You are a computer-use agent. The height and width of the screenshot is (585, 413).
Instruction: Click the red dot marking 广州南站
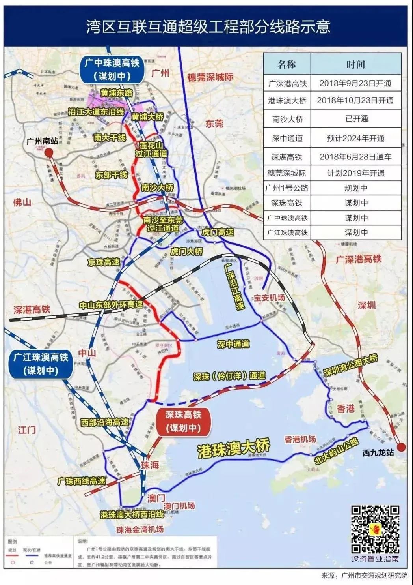click(x=49, y=153)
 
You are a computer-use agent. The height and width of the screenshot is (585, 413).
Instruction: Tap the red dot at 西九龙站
click(x=401, y=447)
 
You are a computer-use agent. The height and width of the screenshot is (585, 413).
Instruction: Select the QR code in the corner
click(x=375, y=529)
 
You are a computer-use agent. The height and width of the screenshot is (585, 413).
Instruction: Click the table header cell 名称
click(x=286, y=64)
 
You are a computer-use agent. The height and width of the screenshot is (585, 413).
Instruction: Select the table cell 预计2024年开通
click(x=355, y=138)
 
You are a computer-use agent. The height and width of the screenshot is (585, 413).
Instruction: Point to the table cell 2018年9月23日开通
click(x=355, y=83)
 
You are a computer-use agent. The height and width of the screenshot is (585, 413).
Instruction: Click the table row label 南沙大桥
click(x=286, y=119)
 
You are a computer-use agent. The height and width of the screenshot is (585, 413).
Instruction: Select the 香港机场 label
click(x=300, y=439)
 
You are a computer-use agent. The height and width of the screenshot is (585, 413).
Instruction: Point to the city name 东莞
click(x=214, y=124)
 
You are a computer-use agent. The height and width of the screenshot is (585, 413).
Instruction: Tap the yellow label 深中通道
click(x=233, y=344)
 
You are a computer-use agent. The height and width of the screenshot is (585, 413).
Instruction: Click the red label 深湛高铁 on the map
click(x=32, y=309)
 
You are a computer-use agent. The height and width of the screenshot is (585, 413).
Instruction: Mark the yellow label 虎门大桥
click(x=186, y=251)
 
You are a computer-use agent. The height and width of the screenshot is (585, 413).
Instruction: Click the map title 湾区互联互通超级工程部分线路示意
click(x=208, y=27)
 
